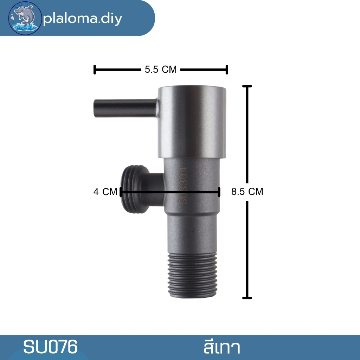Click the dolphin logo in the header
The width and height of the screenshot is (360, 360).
pyautogui.click(x=25, y=18)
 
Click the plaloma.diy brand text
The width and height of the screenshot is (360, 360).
pyautogui.click(x=83, y=18)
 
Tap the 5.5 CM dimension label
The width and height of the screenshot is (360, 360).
pyautogui.click(x=160, y=69)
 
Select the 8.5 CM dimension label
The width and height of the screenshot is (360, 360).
pyautogui.click(x=247, y=192)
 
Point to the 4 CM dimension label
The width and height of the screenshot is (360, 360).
pyautogui.click(x=105, y=192)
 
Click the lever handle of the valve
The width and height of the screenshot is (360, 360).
pyautogui.click(x=126, y=108)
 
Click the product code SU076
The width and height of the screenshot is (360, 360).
pyautogui.click(x=50, y=347)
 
